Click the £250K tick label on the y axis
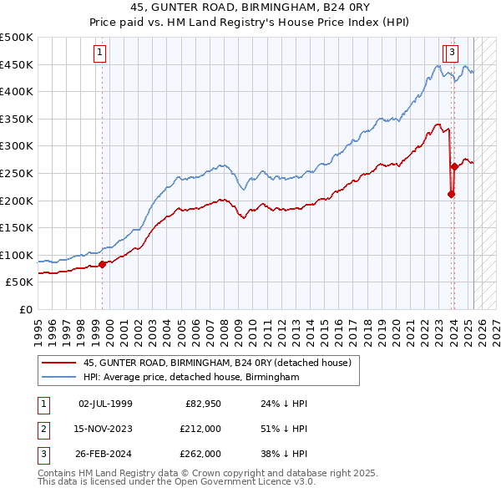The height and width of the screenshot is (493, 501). [17, 173]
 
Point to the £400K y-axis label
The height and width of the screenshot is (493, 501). [17, 91]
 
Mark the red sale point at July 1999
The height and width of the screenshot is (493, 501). [103, 264]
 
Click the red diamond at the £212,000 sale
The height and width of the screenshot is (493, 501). [451, 194]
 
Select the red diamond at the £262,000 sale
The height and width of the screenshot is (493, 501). [454, 166]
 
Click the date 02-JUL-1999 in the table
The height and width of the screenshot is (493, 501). [105, 404]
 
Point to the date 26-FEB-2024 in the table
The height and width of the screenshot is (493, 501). [105, 454]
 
